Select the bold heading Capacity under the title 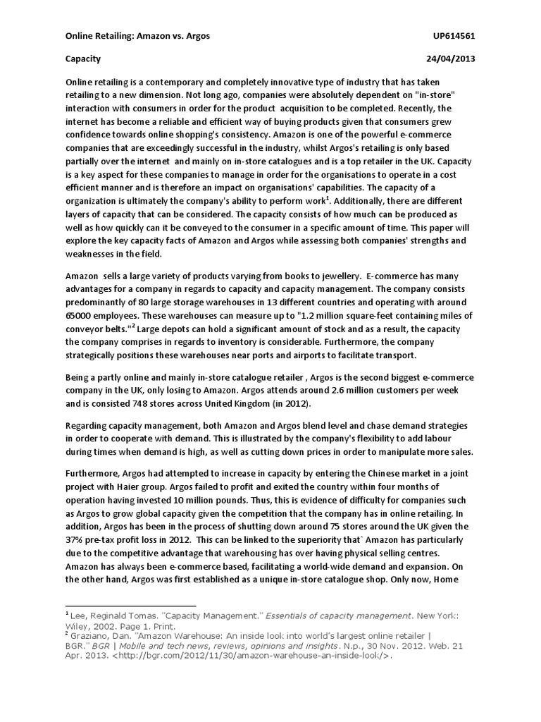pos(83,59)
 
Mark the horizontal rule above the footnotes pos(123,604)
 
